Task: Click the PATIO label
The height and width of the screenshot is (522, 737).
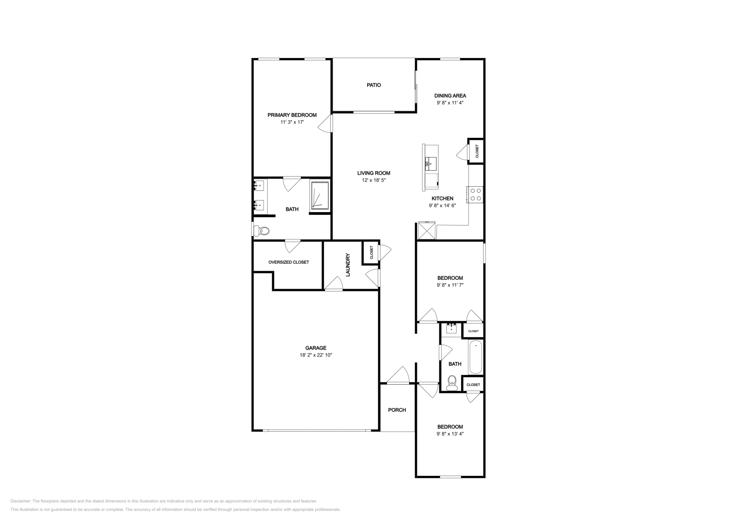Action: click(x=374, y=85)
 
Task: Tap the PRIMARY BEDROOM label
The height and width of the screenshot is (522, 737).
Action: click(x=292, y=115)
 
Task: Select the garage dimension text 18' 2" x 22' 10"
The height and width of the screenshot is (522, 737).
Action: click(x=316, y=355)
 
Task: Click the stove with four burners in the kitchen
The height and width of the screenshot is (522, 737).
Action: click(x=475, y=194)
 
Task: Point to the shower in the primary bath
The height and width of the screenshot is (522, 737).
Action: click(x=320, y=196)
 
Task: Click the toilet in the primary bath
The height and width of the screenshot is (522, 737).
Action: click(x=262, y=231)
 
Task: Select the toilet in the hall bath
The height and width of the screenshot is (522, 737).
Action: click(x=452, y=383)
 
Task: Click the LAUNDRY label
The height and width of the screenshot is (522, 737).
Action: click(x=348, y=265)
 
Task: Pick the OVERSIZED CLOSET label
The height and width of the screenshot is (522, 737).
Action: click(x=288, y=262)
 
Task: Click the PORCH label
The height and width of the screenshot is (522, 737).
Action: click(x=397, y=410)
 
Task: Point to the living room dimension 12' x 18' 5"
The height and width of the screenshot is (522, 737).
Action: click(x=374, y=180)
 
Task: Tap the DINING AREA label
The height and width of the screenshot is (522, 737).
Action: click(x=450, y=95)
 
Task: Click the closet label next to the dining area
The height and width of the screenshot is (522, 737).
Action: click(x=477, y=151)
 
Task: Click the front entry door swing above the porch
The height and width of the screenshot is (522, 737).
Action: click(x=398, y=375)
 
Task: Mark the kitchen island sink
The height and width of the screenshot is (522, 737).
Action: click(x=430, y=164)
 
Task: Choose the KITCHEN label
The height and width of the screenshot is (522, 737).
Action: click(x=442, y=198)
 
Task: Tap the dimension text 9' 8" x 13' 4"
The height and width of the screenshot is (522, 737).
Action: click(x=450, y=434)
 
